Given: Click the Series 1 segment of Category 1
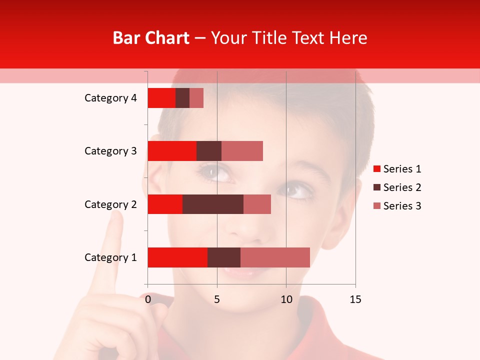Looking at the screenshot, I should coord(177,257).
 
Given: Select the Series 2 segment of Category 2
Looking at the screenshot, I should coord(213,204).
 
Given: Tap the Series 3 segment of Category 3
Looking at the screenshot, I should coord(242,151).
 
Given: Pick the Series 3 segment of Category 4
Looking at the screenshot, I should coord(196,98).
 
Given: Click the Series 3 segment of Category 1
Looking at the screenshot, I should coord(275,257).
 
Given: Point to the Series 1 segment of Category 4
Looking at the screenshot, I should coord(161,98).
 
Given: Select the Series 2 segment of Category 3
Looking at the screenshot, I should coord(209,151).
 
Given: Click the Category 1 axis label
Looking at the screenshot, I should coord(110,257).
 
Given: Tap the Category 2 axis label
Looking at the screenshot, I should coord(110,204).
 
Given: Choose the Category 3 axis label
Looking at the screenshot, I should coord(110,151).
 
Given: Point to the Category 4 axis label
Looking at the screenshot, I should coord(110,98).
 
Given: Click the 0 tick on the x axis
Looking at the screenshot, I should coord(148,299).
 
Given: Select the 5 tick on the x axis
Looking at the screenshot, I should coord(217,299).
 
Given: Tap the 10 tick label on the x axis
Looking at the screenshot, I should coord(286,299).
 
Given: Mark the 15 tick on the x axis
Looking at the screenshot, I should coord(355,299).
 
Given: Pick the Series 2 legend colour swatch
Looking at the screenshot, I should coord(377,187).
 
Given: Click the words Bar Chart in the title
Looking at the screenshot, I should coord(151,38).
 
